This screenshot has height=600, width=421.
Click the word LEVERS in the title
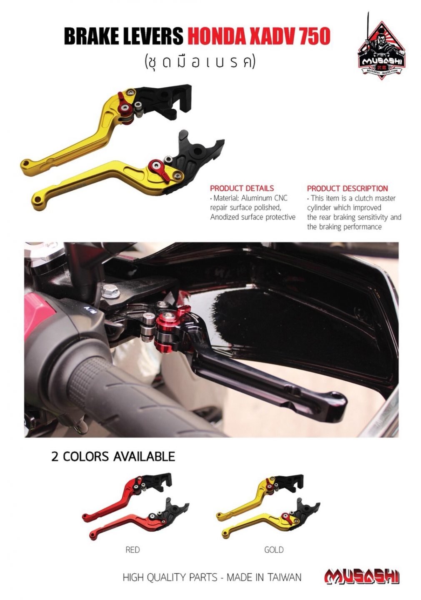coord(155,36)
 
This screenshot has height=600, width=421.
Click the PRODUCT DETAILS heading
coord(242,188)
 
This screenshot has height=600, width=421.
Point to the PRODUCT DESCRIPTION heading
coord(347,188)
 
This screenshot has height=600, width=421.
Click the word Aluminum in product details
coord(256,198)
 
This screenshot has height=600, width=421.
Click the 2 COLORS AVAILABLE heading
coord(113,456)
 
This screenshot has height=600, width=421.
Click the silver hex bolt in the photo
coord(111,291)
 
